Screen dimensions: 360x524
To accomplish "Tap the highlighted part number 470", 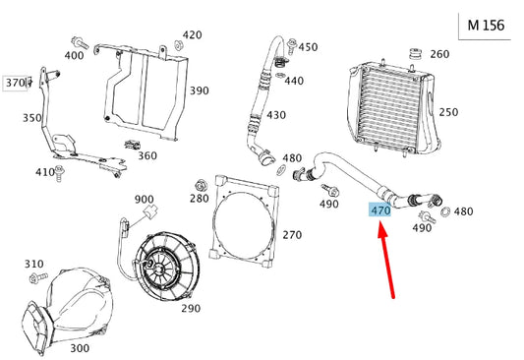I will (380, 210).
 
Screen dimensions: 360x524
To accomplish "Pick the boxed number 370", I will (15, 83).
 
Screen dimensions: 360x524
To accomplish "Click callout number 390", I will (200, 90).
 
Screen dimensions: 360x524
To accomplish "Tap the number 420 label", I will (193, 34).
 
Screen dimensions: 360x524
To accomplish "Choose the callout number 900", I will (145, 199).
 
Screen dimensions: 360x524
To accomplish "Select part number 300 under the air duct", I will (80, 348).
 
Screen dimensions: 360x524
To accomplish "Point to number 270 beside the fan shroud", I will (292, 235).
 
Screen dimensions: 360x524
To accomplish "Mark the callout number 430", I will (276, 115).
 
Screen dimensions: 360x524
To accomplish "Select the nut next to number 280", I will (201, 184).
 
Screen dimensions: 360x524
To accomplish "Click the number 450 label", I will (309, 46).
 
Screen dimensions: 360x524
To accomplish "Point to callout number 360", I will (146, 155).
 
